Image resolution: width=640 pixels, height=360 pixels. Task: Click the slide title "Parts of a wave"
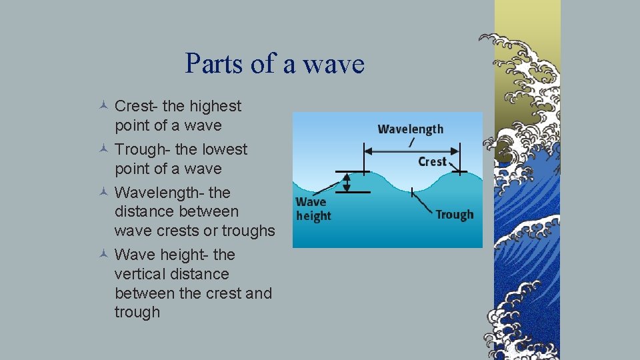coord(275,64)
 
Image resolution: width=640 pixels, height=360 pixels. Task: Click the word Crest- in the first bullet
coord(136,106)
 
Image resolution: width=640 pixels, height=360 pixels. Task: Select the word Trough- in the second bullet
coord(142,149)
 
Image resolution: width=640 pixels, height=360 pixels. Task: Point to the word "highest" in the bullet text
coord(215,106)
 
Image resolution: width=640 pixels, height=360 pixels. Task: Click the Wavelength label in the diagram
coord(410,129)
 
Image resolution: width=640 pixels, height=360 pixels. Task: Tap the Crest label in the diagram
coord(432,161)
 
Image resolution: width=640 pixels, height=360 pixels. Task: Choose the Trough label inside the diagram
coord(454,215)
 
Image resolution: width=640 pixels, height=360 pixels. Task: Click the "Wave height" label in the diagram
coord(313,209)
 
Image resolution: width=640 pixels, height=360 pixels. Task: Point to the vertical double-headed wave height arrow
coord(346,182)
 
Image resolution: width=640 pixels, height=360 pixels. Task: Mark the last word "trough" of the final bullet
coord(137,312)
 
